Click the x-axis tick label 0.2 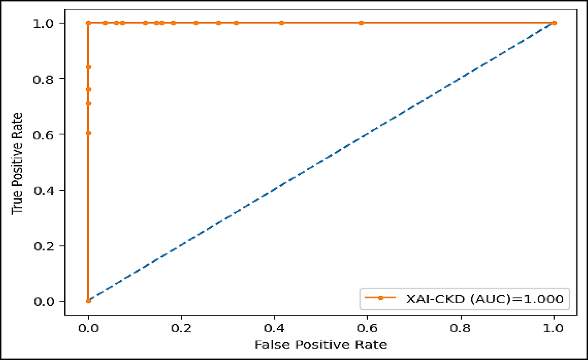(x=181, y=328)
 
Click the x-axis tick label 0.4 (x=274, y=328)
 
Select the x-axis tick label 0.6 (x=367, y=328)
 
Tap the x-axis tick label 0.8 (x=461, y=328)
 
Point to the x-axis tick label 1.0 (x=553, y=328)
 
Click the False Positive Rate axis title (x=321, y=345)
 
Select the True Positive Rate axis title (x=17, y=163)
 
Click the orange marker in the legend (x=380, y=298)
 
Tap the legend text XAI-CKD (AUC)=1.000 (x=484, y=299)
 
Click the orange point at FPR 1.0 (x=554, y=23)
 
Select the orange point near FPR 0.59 (x=361, y=23)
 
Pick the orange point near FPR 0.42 (x=282, y=23)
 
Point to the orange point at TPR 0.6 (x=88, y=133)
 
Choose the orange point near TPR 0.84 (x=88, y=67)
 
